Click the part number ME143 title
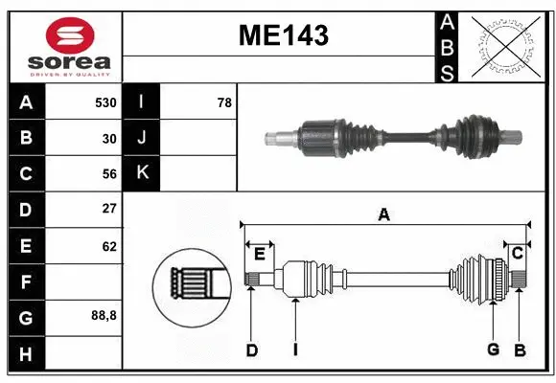283,36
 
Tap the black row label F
25,282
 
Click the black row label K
143,173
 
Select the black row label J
143,138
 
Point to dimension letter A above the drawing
383,214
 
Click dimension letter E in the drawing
260,253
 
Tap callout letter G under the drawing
493,349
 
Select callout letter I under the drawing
296,349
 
